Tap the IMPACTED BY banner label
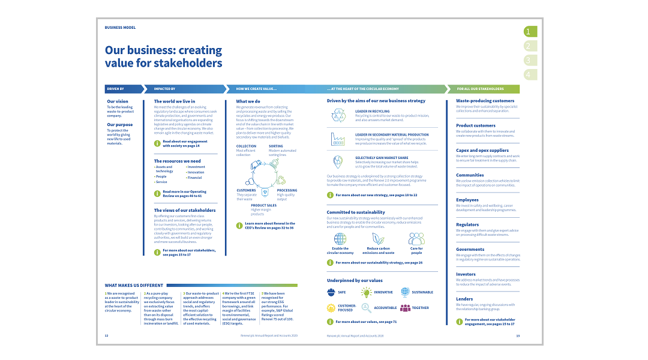click(164, 89)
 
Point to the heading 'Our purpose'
click(120, 125)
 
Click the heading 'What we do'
click(248, 101)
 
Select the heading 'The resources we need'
click(177, 161)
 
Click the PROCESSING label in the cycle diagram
click(287, 190)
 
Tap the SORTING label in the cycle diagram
click(276, 146)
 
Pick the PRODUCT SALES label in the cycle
click(263, 205)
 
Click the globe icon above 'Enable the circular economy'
click(340, 239)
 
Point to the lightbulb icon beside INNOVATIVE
click(366, 292)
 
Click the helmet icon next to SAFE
click(332, 292)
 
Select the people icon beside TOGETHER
click(405, 308)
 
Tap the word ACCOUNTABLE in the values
click(385, 308)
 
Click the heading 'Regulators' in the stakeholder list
click(467, 224)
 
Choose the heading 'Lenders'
click(464, 299)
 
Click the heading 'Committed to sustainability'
click(356, 212)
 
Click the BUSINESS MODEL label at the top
click(120, 28)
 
